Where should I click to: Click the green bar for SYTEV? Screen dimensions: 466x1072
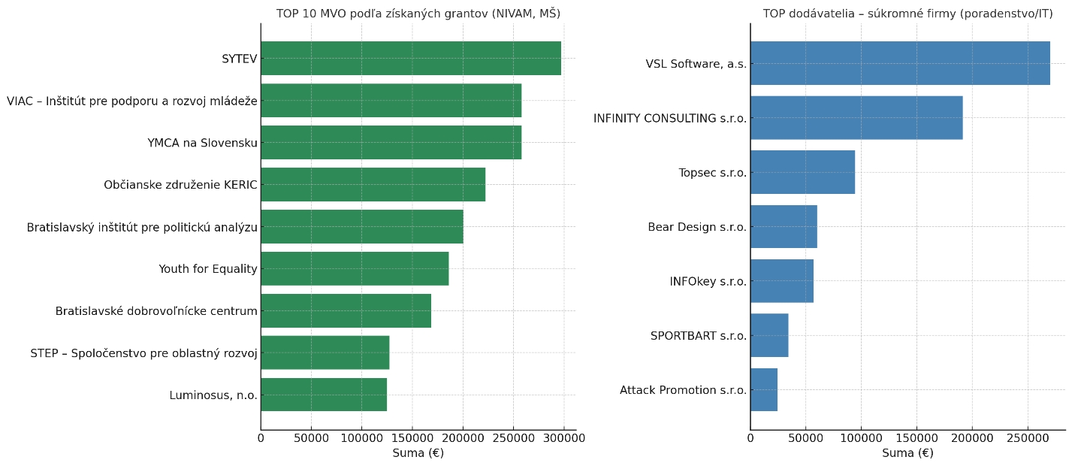click(x=410, y=59)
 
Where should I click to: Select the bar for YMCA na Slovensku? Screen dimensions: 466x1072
click(x=391, y=143)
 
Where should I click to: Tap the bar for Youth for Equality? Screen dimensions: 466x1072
click(x=355, y=269)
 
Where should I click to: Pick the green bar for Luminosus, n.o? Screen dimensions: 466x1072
click(x=324, y=395)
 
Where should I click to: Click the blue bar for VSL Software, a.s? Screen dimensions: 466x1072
click(x=899, y=63)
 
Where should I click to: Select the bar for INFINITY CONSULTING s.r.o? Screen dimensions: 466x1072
click(x=856, y=118)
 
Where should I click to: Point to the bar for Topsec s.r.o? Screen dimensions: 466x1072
click(x=802, y=172)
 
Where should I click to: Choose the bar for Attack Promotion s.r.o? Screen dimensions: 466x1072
click(x=763, y=389)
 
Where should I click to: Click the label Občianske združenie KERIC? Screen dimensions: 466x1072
click(x=180, y=185)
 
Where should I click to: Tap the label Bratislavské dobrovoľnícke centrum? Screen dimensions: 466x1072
click(x=156, y=311)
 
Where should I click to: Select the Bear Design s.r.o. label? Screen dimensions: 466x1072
click(x=697, y=227)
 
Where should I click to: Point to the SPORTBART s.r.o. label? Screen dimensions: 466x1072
click(x=699, y=335)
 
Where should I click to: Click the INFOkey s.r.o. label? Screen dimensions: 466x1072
click(x=708, y=281)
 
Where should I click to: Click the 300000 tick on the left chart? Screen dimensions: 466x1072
click(x=564, y=437)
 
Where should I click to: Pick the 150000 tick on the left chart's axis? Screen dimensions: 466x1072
click(x=412, y=437)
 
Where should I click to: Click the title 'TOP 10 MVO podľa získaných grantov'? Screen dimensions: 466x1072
click(x=418, y=14)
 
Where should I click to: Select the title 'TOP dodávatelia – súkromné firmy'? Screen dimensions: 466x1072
click(x=907, y=14)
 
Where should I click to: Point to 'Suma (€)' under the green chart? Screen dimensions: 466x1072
click(x=418, y=453)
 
